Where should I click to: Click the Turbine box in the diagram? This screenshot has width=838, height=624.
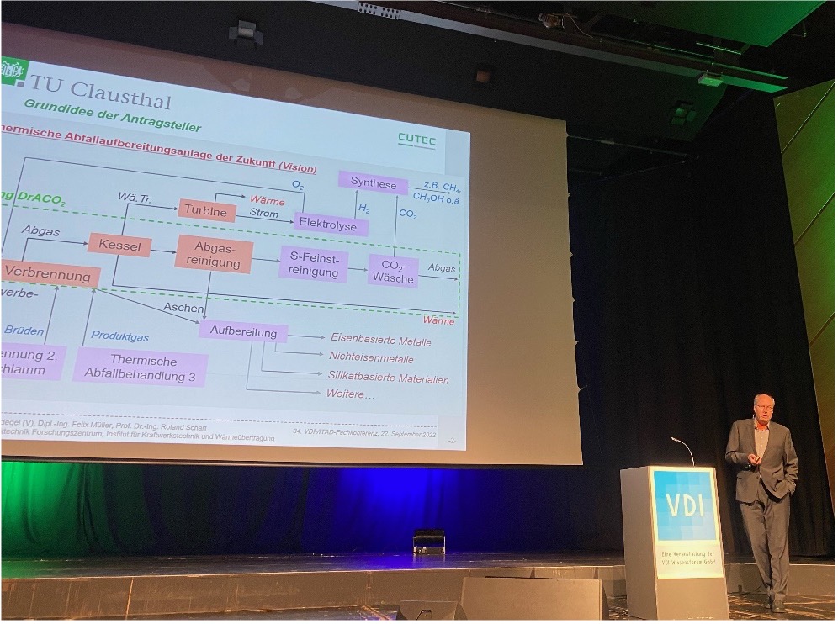(206, 211)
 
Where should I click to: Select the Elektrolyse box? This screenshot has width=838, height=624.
(331, 225)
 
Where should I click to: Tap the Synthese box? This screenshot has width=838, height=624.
(373, 184)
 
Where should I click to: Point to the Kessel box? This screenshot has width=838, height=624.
(119, 245)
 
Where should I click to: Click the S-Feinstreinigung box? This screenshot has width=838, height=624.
(313, 264)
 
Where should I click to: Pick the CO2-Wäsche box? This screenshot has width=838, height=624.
(392, 271)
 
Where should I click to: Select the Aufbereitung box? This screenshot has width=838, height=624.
(243, 332)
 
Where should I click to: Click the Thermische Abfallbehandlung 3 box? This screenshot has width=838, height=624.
(140, 368)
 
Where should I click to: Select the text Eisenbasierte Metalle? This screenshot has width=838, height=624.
(380, 341)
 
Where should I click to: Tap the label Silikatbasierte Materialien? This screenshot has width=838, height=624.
(389, 378)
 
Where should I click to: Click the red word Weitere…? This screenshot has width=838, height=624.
(351, 394)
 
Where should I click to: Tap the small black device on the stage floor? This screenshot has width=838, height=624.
(429, 541)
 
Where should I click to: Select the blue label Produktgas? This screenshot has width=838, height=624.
(120, 336)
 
